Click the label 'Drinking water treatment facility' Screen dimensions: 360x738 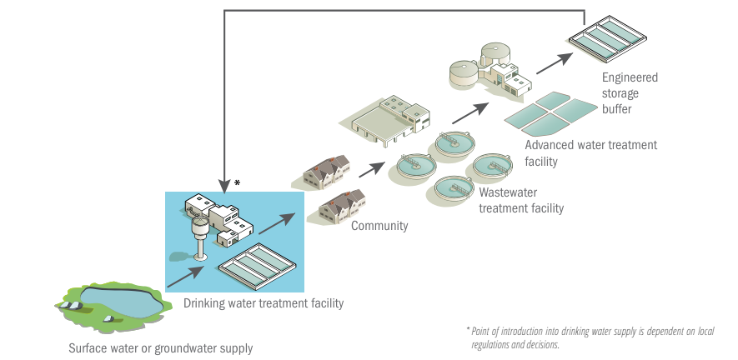click(x=263, y=303)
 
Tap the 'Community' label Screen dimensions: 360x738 click(x=379, y=226)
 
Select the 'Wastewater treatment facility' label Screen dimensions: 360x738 click(x=520, y=200)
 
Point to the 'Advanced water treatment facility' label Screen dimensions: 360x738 click(x=590, y=152)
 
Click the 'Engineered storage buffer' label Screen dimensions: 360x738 click(x=630, y=92)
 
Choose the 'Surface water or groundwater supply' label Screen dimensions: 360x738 click(x=160, y=347)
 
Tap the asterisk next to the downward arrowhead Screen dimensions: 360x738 click(x=237, y=182)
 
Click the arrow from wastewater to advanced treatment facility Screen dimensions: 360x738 click(x=470, y=113)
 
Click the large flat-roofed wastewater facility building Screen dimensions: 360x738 click(x=387, y=119)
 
